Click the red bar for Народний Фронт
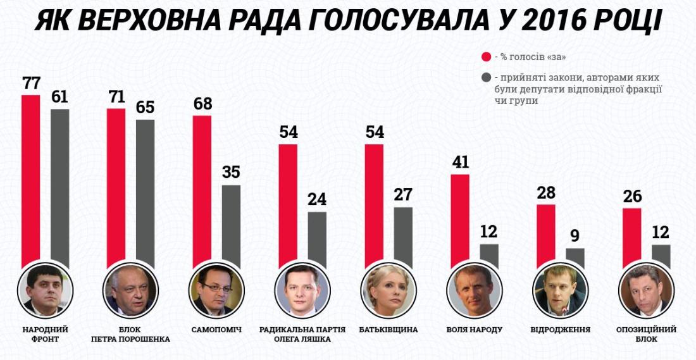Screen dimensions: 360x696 [x=30, y=183]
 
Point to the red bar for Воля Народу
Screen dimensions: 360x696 [x=460, y=221]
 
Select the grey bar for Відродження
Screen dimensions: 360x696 [x=575, y=258]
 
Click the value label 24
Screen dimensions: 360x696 [x=316, y=199]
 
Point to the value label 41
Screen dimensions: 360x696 [x=460, y=162]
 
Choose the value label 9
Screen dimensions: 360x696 [x=575, y=236]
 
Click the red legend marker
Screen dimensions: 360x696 [x=487, y=57]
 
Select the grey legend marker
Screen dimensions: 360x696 [x=487, y=78]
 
